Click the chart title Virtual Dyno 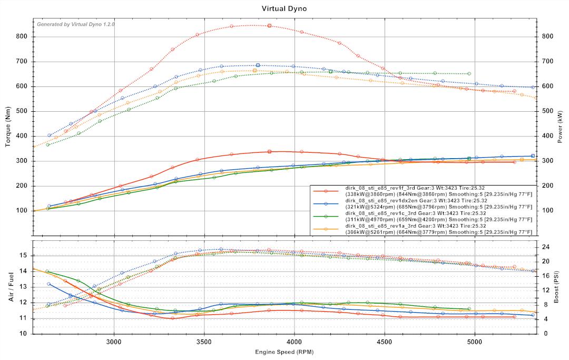[x=284, y=8]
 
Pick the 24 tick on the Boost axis [x=546, y=247]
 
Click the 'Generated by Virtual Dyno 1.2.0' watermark [x=75, y=24]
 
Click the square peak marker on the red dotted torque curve [x=269, y=25]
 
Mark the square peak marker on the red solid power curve [x=269, y=151]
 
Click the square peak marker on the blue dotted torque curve [x=258, y=65]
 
